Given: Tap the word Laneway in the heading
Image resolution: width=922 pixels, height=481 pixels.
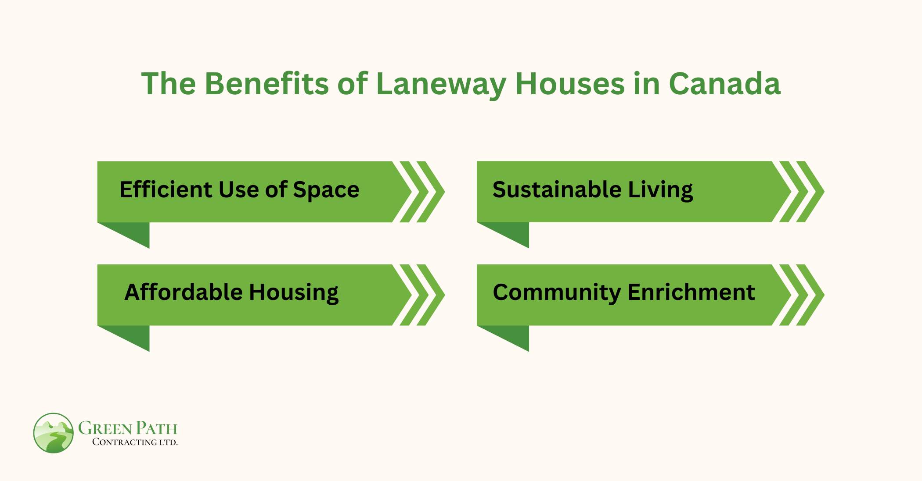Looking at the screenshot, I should click(441, 84).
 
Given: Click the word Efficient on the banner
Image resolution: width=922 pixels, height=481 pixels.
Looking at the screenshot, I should click(166, 189).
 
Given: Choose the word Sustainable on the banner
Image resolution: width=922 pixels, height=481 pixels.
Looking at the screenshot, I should click(557, 189).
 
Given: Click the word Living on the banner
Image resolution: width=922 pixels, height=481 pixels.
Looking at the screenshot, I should click(660, 190).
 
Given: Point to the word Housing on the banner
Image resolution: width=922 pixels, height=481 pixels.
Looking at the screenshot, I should click(294, 293).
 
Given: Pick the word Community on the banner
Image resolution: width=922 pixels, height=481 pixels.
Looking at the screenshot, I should click(556, 293).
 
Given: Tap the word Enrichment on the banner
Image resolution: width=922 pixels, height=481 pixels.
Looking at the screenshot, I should click(691, 292).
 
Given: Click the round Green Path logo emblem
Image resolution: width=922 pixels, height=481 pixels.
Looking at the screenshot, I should click(54, 433).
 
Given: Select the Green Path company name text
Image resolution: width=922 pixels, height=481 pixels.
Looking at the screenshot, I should click(128, 428).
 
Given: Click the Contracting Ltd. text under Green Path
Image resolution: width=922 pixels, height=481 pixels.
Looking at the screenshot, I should click(135, 442).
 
